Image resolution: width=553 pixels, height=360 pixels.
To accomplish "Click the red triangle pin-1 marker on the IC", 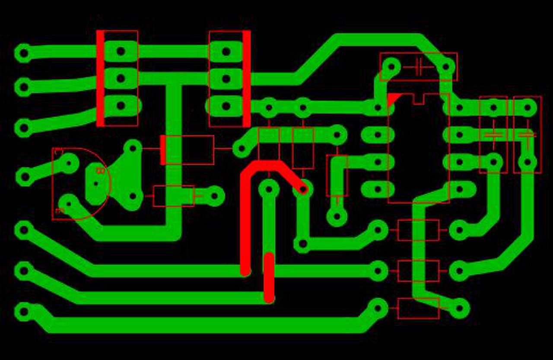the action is click(x=393, y=99).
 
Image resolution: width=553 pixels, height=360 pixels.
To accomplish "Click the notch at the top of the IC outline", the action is click(x=418, y=99).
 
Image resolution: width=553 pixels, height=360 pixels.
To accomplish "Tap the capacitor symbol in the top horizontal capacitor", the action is click(x=418, y=67).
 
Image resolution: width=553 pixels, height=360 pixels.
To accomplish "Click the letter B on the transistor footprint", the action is click(x=100, y=171).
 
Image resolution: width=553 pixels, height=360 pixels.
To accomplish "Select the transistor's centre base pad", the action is click(x=96, y=184).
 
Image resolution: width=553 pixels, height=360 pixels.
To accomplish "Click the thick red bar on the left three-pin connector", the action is click(x=100, y=78).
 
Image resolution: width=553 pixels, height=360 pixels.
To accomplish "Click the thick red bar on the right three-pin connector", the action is click(x=246, y=78).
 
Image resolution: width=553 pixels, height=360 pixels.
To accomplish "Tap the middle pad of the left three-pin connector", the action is click(x=121, y=78).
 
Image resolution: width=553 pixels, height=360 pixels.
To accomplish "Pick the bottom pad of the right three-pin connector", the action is click(x=226, y=106).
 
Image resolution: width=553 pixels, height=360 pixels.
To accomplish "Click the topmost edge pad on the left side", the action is click(x=24, y=54).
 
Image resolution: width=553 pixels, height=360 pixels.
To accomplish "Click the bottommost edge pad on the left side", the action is click(x=24, y=312).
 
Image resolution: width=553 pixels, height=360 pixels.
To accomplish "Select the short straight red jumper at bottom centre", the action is click(x=269, y=277).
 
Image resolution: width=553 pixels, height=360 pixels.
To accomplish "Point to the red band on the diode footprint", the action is click(x=163, y=150).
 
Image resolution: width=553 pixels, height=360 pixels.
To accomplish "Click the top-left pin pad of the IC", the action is click(x=378, y=107).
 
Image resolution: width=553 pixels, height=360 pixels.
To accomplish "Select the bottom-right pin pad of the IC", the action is click(x=459, y=189).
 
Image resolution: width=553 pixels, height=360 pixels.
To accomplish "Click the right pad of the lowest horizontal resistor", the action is click(x=459, y=308).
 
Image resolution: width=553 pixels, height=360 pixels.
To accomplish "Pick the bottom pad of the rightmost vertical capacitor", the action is click(x=527, y=162).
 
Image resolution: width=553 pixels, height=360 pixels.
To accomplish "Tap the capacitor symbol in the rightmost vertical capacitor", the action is click(x=527, y=135).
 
